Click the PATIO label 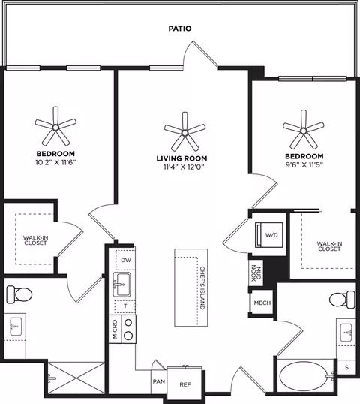pyautogui.click(x=180, y=29)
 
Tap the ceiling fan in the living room pyautogui.click(x=184, y=132)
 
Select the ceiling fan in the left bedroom pyautogui.click(x=55, y=127)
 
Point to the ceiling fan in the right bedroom pyautogui.click(x=304, y=131)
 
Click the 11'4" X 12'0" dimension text pyautogui.click(x=184, y=167)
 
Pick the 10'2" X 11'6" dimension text pyautogui.click(x=55, y=163)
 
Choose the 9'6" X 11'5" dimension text pyautogui.click(x=304, y=165)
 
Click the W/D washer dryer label pyautogui.click(x=271, y=235)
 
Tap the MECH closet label pyautogui.click(x=262, y=303)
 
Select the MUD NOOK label pyautogui.click(x=256, y=273)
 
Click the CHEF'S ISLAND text pyautogui.click(x=202, y=288)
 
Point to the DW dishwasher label pyautogui.click(x=126, y=261)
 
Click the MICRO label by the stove pyautogui.click(x=115, y=329)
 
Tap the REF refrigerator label pyautogui.click(x=185, y=384)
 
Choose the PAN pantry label pyautogui.click(x=159, y=381)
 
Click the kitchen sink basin pyautogui.click(x=122, y=284)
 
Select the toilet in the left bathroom pyautogui.click(x=19, y=294)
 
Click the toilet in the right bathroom pyautogui.click(x=342, y=300)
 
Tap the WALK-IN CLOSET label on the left pyautogui.click(x=35, y=240)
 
